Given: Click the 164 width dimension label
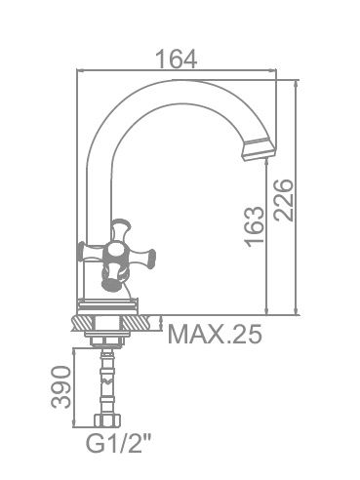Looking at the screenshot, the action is tap(177, 59).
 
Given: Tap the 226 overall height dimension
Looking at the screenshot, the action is tap(283, 200).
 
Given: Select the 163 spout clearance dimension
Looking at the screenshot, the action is tap(255, 226).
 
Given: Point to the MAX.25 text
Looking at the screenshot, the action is tap(215, 334).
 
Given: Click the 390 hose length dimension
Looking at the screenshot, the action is tap(60, 387).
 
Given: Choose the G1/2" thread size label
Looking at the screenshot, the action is tap(119, 444).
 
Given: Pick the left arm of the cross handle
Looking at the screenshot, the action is tap(91, 251).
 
